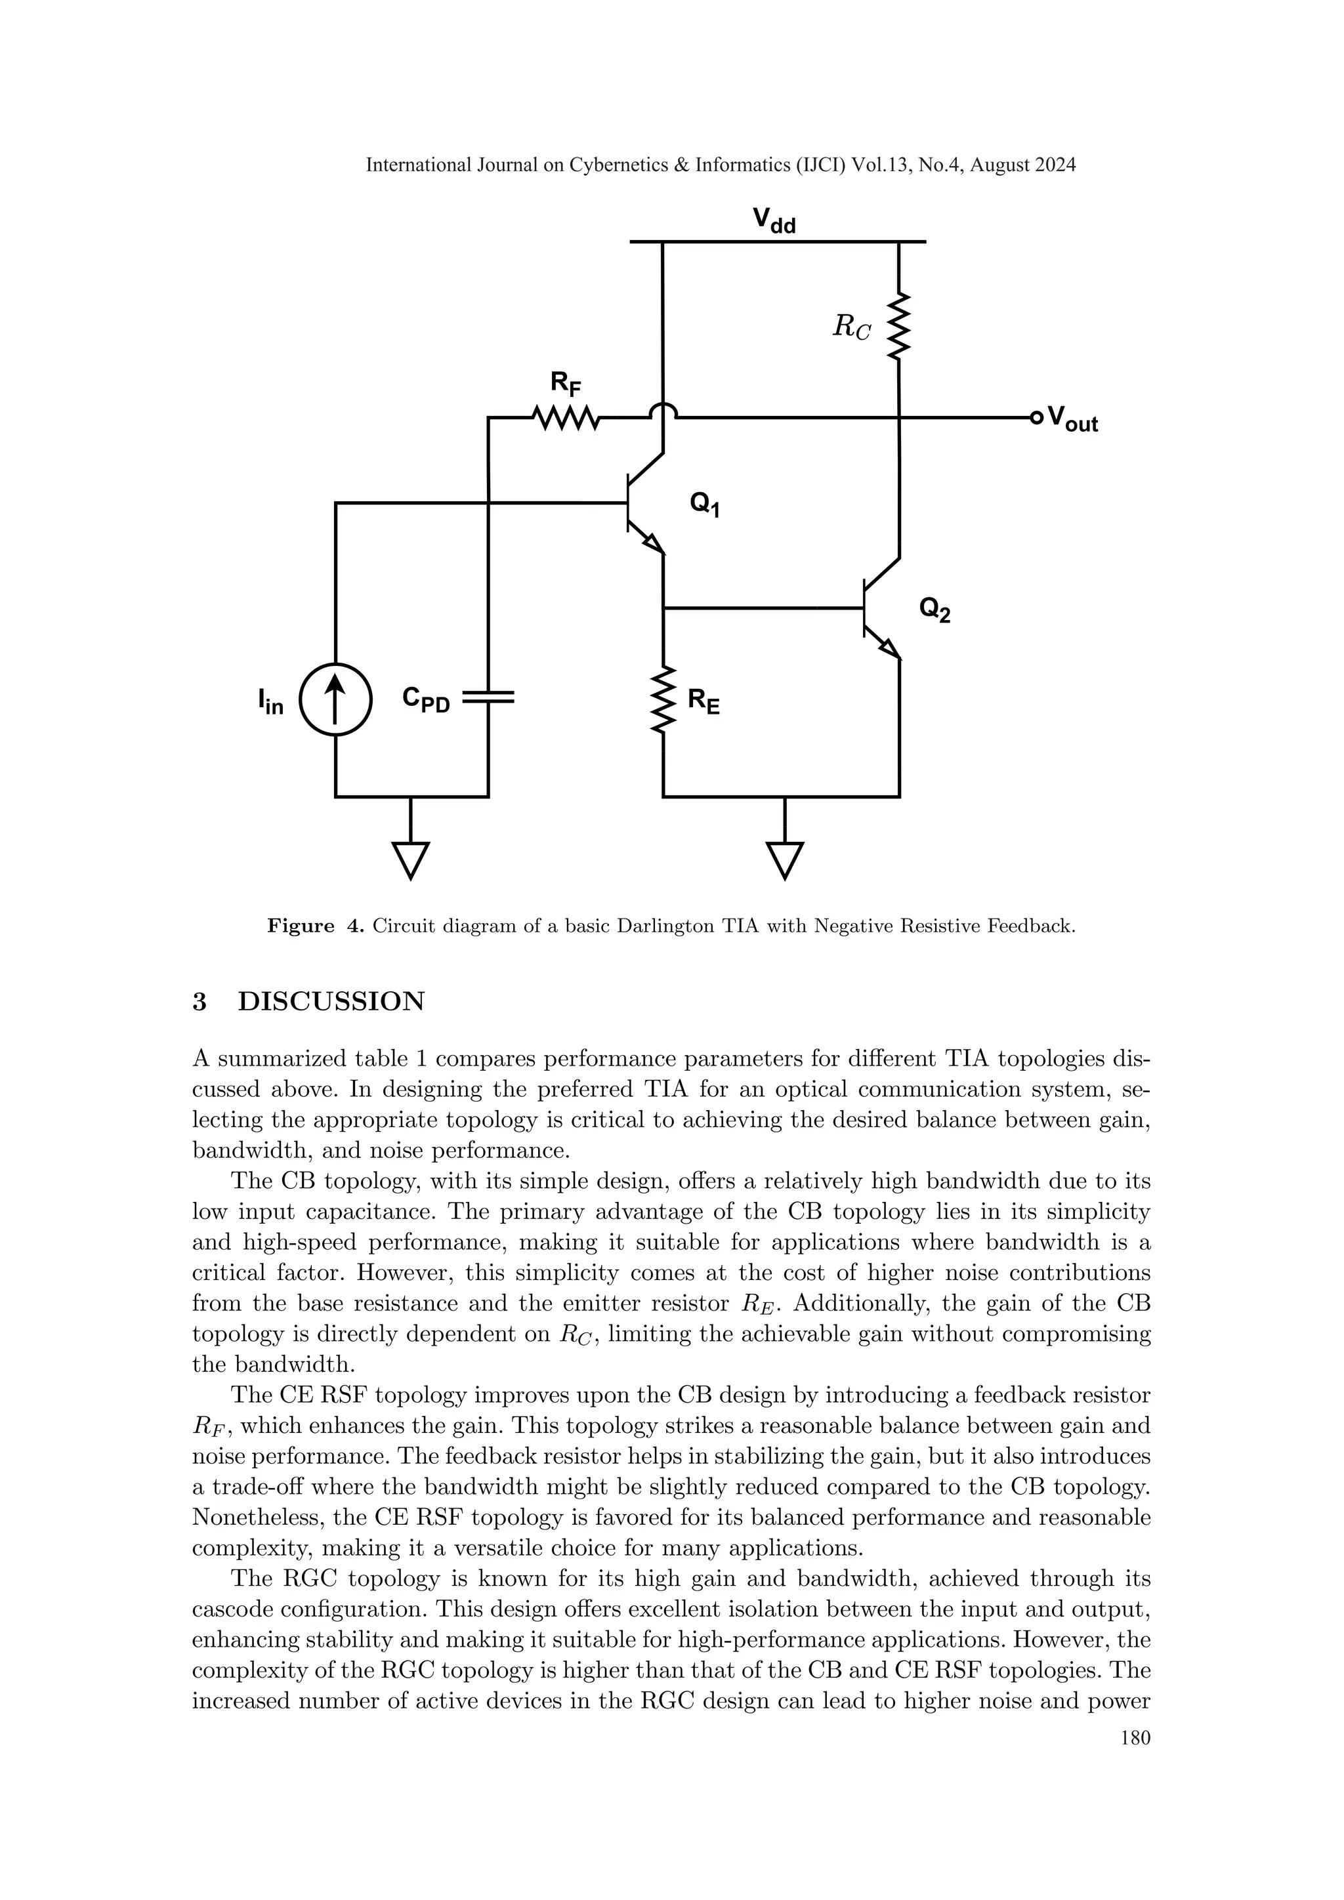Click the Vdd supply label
click(x=774, y=221)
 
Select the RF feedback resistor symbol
click(x=567, y=418)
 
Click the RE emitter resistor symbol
click(x=663, y=700)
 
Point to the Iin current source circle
click(x=335, y=700)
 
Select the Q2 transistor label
click(x=935, y=611)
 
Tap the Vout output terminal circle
click(x=1036, y=418)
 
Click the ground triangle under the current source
click(x=410, y=859)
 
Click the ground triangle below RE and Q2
click(x=785, y=859)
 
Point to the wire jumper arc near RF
click(x=663, y=411)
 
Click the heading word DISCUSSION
click(x=331, y=1001)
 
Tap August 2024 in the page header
click(x=1023, y=165)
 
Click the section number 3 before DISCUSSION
click(x=199, y=1001)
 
